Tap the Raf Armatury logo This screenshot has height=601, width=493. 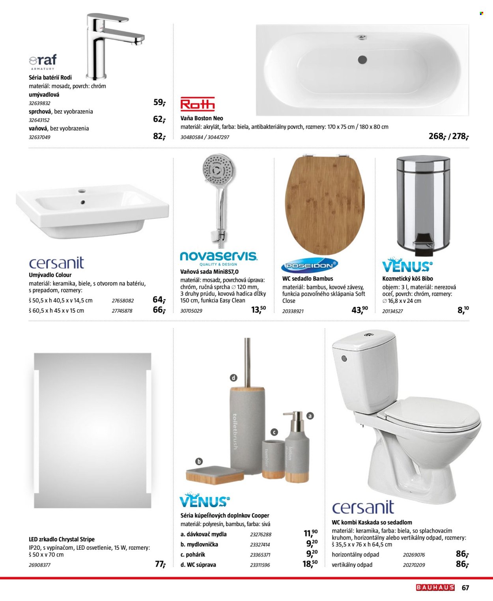[x=43, y=62]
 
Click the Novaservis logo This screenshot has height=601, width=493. [x=218, y=257]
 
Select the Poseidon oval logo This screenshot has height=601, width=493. [x=310, y=266]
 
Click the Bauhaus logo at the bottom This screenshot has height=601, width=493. [x=435, y=588]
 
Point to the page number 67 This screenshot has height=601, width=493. [x=465, y=588]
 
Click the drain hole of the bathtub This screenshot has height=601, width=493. [x=362, y=60]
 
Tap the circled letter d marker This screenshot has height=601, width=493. [x=233, y=378]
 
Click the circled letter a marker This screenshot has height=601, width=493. [x=310, y=416]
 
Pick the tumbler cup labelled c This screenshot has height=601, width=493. [x=273, y=459]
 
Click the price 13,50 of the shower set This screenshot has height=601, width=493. [x=258, y=310]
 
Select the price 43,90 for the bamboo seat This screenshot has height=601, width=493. [x=359, y=310]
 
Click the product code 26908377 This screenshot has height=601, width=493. [x=40, y=565]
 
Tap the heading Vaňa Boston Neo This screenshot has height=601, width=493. [x=202, y=118]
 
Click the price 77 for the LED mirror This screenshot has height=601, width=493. [x=160, y=564]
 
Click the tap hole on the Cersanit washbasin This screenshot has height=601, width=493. [x=82, y=191]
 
